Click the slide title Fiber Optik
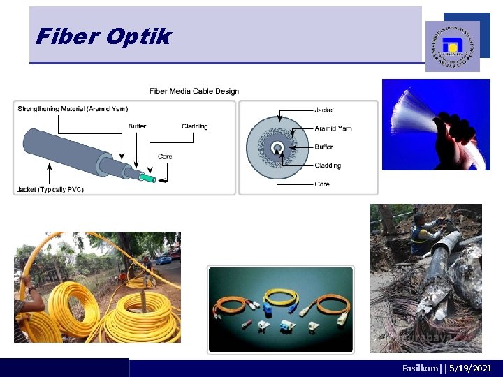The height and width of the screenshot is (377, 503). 103,36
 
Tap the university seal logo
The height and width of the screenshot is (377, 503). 453,46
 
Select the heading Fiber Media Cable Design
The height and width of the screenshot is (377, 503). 194,91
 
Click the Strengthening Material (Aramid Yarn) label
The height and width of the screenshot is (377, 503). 73,108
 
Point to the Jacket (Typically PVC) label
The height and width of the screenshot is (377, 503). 50,189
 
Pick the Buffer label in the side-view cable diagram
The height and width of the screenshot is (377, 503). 137,126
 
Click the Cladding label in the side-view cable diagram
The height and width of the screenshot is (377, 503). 194,126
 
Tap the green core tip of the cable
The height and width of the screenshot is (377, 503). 148,178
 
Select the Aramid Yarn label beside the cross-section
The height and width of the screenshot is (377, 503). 333,128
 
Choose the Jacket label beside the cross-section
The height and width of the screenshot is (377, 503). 324,110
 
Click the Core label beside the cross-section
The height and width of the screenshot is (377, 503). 322,184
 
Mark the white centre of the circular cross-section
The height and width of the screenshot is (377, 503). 277,147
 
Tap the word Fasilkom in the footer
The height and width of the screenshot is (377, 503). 418,368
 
